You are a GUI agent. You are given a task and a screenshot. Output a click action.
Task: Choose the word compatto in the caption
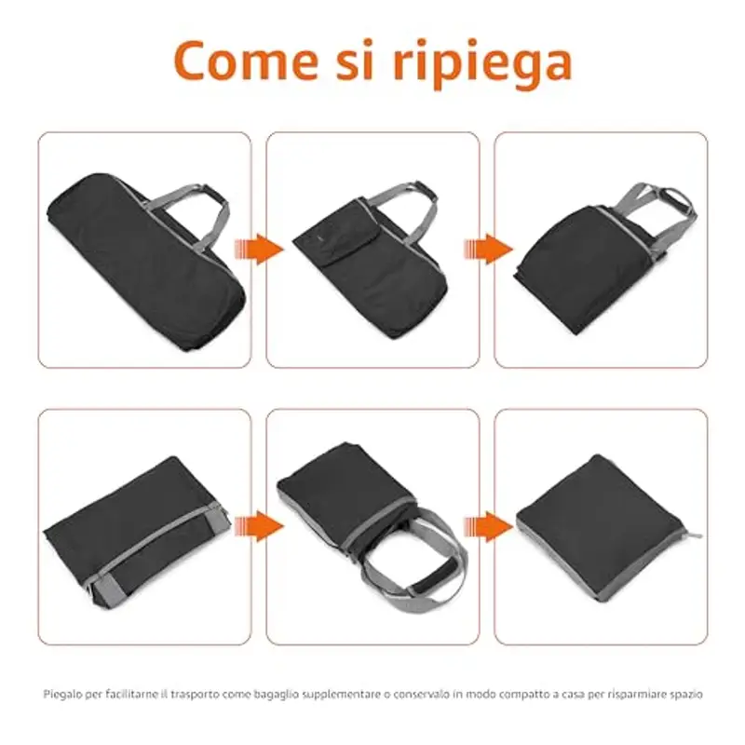[x=514, y=694]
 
